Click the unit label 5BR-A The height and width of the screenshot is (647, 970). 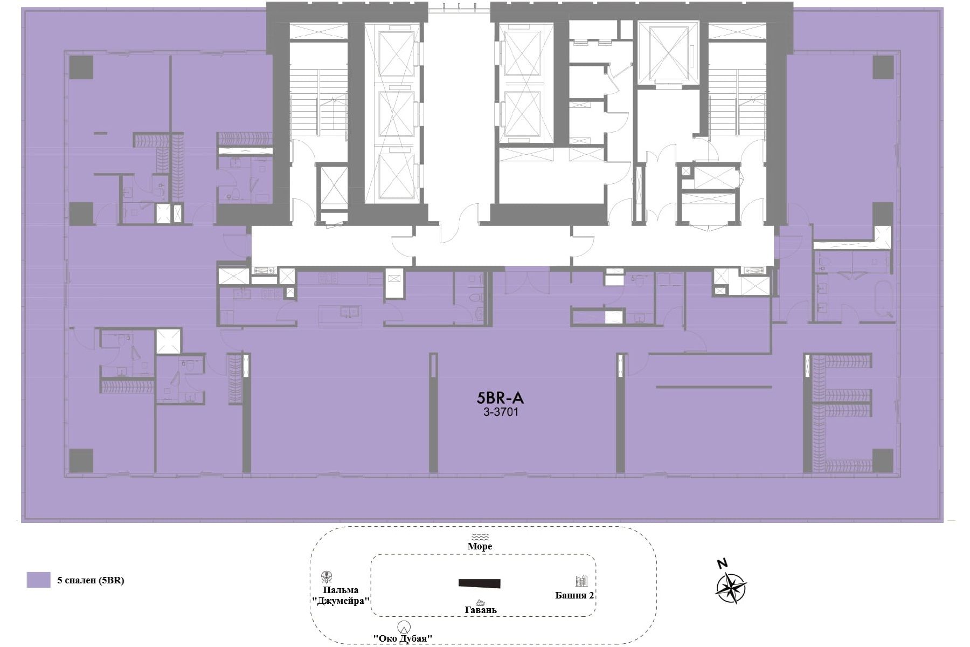pos(500,398)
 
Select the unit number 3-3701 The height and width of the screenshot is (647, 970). pos(501,412)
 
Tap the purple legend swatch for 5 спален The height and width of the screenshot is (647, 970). pos(38,580)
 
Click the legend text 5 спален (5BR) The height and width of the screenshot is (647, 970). pos(91,580)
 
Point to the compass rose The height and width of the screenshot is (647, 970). pos(731,588)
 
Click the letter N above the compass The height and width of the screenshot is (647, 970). pos(722,564)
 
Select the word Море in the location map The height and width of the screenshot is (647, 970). pos(480,546)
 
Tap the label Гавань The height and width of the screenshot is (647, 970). pos(481,610)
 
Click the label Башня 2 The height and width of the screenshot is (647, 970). pos(574,595)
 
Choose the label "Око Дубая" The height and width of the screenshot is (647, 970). pos(404,638)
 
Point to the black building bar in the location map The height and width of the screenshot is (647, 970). pos(479,583)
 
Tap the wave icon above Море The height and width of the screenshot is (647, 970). pos(480,536)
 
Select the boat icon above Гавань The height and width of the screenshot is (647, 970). pos(480,602)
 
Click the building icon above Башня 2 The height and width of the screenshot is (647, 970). pos(581,581)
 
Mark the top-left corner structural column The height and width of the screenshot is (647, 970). pos(81,67)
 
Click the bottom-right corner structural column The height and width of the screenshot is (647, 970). pos(883,460)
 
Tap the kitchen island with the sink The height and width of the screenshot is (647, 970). pos(339,314)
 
